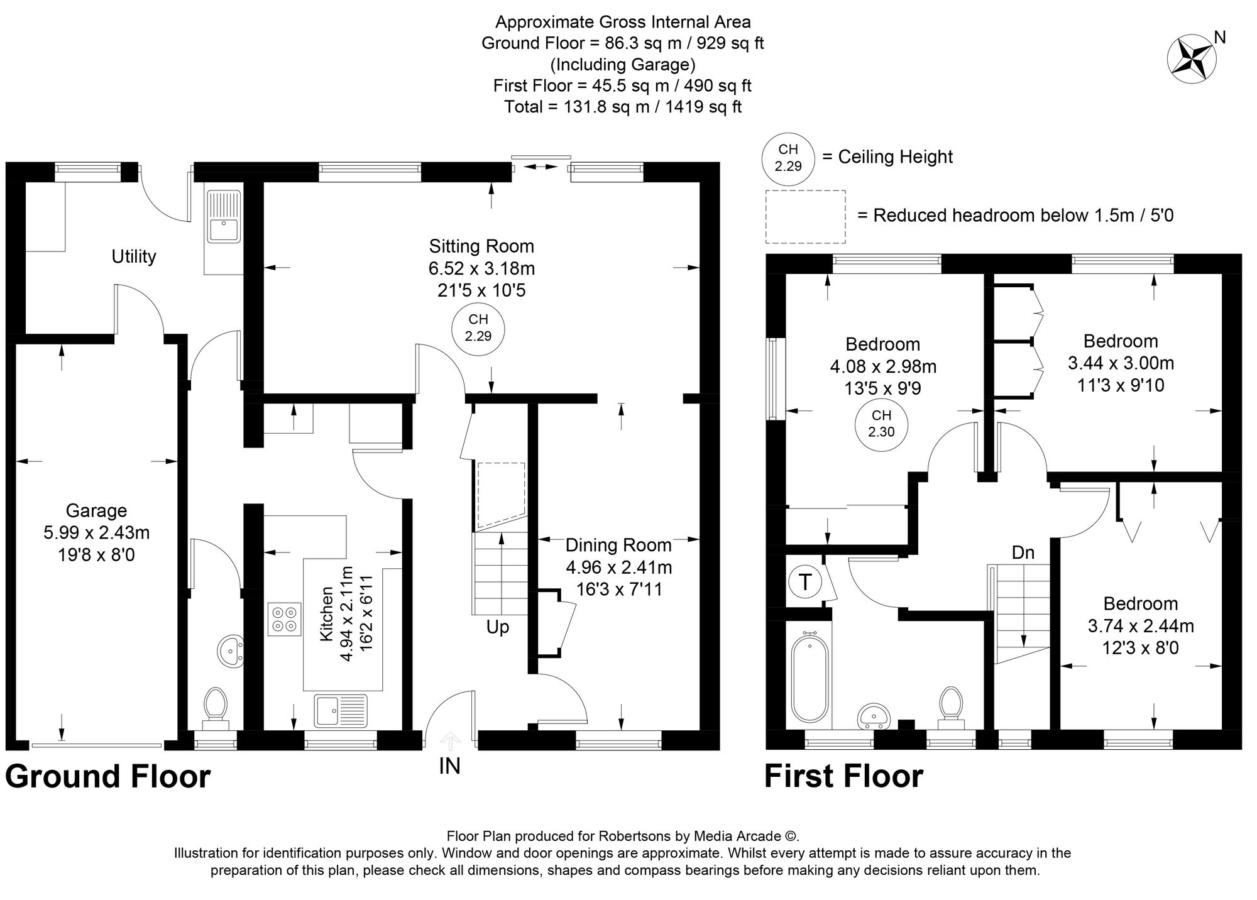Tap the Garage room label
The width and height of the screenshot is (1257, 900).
[96, 510]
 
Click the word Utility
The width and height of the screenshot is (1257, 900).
[133, 256]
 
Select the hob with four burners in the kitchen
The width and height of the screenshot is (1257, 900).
[283, 618]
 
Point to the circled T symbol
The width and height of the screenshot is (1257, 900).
[804, 582]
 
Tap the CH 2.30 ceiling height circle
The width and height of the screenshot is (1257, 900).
[881, 424]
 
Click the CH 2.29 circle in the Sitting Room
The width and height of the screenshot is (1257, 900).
[478, 327]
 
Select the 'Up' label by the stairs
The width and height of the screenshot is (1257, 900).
[497, 627]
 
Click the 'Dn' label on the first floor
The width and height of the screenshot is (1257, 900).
[1023, 552]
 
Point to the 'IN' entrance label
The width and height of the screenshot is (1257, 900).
[449, 766]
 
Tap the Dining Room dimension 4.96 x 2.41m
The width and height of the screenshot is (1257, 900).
[618, 568]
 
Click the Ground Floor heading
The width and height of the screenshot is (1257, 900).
[107, 776]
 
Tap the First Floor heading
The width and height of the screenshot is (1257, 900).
[843, 776]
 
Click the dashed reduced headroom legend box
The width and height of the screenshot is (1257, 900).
[805, 217]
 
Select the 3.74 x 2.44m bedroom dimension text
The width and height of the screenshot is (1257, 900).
[1140, 625]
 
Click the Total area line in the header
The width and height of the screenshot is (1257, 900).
[622, 107]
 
